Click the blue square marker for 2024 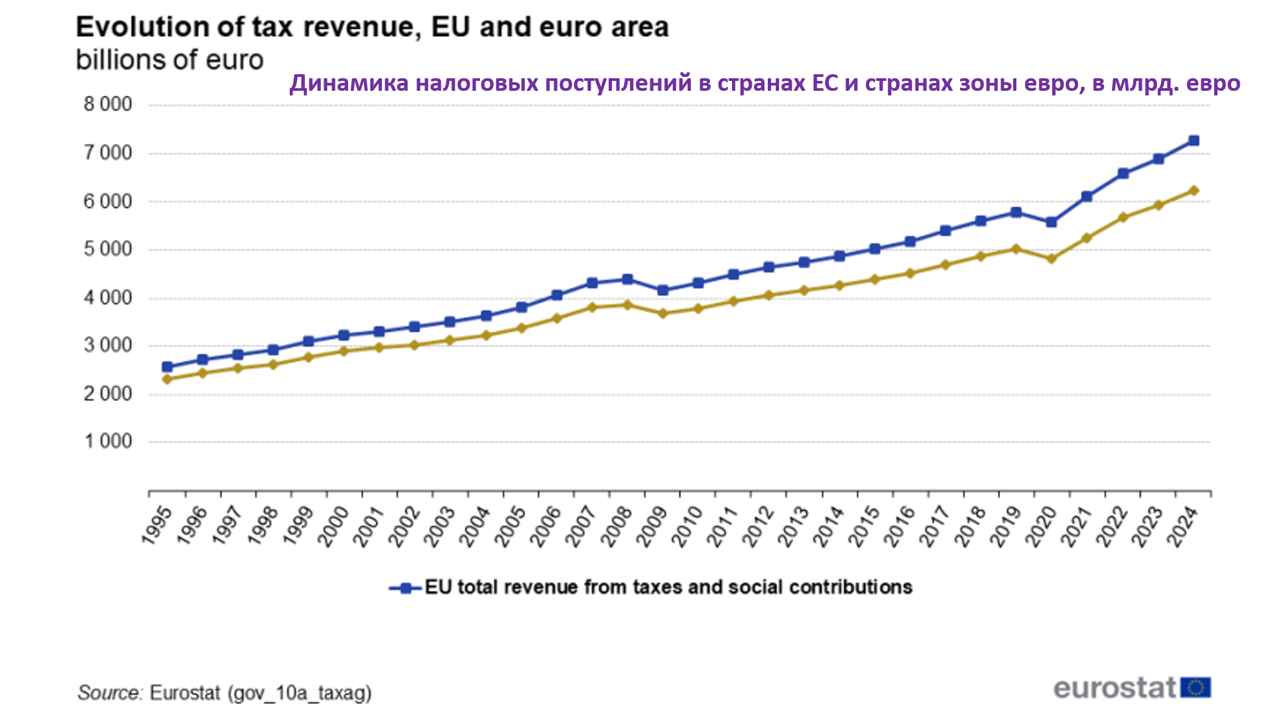point(1193,141)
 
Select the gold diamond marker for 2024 point(1193,191)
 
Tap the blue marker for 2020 point(1052,222)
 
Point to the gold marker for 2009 point(662,313)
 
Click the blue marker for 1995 point(167,367)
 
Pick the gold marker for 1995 point(167,379)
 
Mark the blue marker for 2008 point(627,279)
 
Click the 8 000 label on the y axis point(107,105)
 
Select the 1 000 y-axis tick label point(107,442)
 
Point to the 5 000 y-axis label point(107,250)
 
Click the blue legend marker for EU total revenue point(406,588)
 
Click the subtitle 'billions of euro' point(170,60)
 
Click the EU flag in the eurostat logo point(1195,687)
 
